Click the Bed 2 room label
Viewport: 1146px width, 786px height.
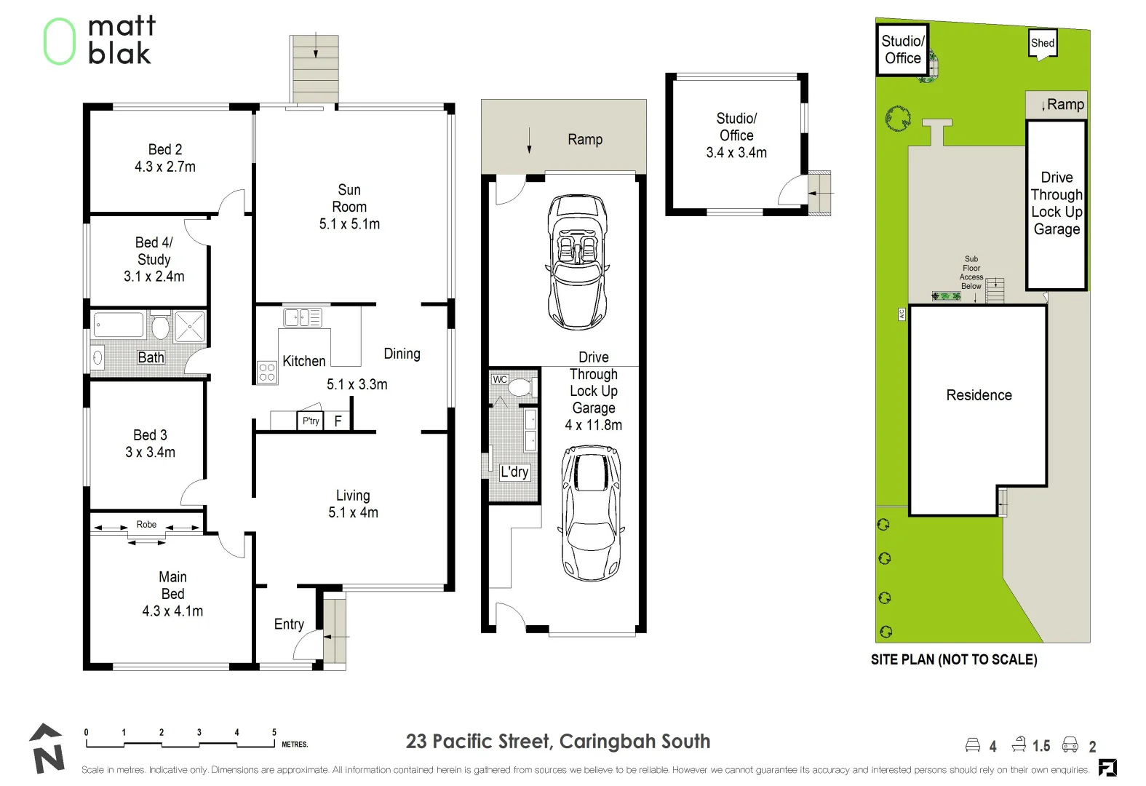pyautogui.click(x=165, y=149)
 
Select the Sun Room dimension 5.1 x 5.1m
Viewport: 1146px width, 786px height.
pyautogui.click(x=349, y=224)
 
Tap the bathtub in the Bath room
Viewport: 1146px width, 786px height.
pyautogui.click(x=119, y=325)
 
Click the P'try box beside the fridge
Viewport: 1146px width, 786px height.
pyautogui.click(x=311, y=421)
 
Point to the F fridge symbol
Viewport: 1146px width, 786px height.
pyautogui.click(x=338, y=421)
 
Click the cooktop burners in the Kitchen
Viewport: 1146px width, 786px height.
pyautogui.click(x=267, y=372)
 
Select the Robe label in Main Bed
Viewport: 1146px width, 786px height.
pyautogui.click(x=146, y=524)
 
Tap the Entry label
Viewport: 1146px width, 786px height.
pyautogui.click(x=289, y=624)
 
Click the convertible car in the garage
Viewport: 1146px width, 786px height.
pyautogui.click(x=577, y=262)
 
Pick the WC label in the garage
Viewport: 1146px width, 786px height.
pyautogui.click(x=500, y=379)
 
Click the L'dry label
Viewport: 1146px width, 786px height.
pyautogui.click(x=514, y=472)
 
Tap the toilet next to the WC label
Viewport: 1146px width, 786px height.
pyautogui.click(x=520, y=386)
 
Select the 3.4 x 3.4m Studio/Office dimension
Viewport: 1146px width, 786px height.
pyautogui.click(x=736, y=153)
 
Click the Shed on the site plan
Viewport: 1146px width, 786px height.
pyautogui.click(x=1042, y=43)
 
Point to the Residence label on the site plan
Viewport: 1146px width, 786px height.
pyautogui.click(x=979, y=395)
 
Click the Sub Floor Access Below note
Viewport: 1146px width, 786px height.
pyautogui.click(x=971, y=272)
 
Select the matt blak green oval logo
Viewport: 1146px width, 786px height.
pyautogui.click(x=60, y=41)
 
